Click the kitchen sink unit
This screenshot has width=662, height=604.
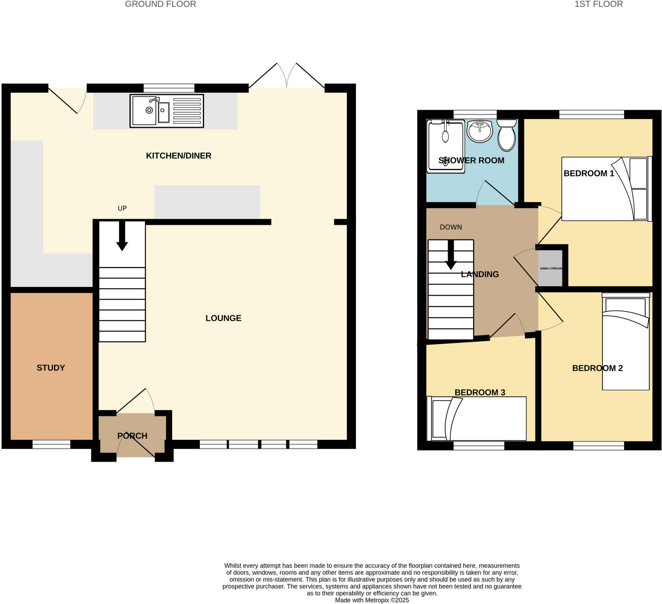point(166,111)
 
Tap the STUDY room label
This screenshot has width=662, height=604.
point(50,368)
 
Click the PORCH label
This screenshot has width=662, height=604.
point(132,436)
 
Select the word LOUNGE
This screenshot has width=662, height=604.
point(223,318)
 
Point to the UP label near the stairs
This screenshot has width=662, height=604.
point(122,208)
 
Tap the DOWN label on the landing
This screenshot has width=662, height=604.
point(451,227)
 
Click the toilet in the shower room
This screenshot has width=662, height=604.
point(506,136)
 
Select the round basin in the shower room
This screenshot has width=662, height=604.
point(480,131)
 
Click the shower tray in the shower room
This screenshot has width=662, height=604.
point(446,147)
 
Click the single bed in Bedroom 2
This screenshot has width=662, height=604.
point(625,342)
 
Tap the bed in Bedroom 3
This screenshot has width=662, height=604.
point(476,419)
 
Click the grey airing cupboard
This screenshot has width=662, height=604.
point(550,268)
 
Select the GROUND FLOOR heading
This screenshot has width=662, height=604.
point(160,4)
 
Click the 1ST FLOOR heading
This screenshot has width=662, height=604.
point(598,4)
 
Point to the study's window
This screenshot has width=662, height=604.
point(51,444)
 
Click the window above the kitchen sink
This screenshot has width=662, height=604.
point(169,88)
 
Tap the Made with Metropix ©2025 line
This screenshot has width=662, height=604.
point(372,600)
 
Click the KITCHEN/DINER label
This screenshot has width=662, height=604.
point(179,156)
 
